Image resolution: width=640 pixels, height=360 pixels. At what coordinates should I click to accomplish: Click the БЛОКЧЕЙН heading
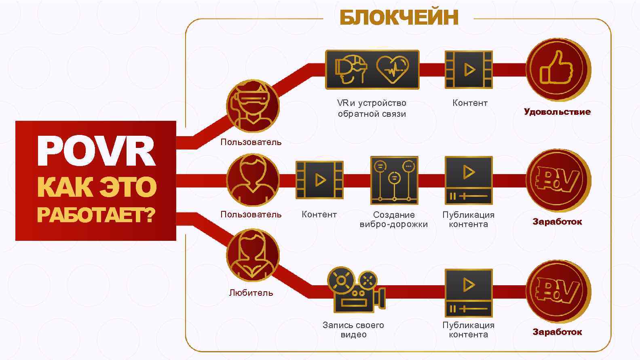point(399,17)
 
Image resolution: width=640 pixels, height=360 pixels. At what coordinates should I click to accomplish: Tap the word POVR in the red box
point(96,151)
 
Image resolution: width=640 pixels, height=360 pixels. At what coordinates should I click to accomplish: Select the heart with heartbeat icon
point(393,69)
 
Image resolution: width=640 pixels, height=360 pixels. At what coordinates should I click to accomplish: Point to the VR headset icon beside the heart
point(351,69)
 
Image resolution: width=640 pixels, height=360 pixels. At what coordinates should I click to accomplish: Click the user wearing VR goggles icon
point(253,106)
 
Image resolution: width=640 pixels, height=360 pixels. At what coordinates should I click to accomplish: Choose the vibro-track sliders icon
point(394,180)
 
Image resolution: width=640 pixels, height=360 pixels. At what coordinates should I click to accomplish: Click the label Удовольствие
point(557,112)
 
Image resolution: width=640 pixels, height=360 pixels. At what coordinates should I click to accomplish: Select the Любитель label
point(251,293)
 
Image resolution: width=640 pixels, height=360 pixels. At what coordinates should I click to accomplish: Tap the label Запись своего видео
point(353,330)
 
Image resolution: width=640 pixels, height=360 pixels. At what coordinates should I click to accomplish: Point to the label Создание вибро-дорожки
point(394,219)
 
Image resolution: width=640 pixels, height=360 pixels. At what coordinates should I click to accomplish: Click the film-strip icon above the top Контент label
point(469,69)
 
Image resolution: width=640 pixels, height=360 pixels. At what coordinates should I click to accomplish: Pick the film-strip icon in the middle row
point(319,180)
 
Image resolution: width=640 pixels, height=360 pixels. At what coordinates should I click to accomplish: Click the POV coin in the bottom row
point(558,291)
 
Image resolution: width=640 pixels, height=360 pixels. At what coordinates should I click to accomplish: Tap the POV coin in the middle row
point(558,180)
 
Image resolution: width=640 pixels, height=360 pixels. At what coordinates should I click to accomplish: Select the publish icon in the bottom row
point(469,293)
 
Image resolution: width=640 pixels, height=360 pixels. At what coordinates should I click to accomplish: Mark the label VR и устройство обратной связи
point(372,108)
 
